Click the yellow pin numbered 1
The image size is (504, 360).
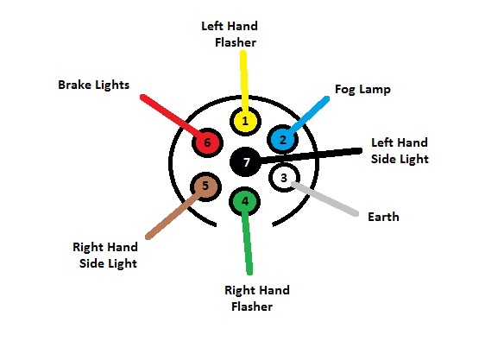pos(245,121)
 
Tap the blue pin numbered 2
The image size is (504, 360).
pos(282,139)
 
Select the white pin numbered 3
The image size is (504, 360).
pos(282,178)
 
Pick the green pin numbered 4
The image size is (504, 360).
pos(245,201)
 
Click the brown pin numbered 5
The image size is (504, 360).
pos(205,185)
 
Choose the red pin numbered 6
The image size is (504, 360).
pos(206,142)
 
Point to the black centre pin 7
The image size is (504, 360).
pos(246,161)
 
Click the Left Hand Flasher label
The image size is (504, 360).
pos(229,34)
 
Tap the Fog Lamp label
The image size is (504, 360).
pos(363,89)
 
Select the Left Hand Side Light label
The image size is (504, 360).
pos(399,150)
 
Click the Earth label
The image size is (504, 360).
pos(383,217)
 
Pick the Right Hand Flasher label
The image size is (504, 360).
pos(256,298)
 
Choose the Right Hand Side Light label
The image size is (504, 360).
pos(105,255)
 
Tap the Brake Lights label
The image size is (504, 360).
pos(94,85)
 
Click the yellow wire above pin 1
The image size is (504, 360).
pos(244,78)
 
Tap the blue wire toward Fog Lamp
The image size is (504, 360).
pos(309,115)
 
